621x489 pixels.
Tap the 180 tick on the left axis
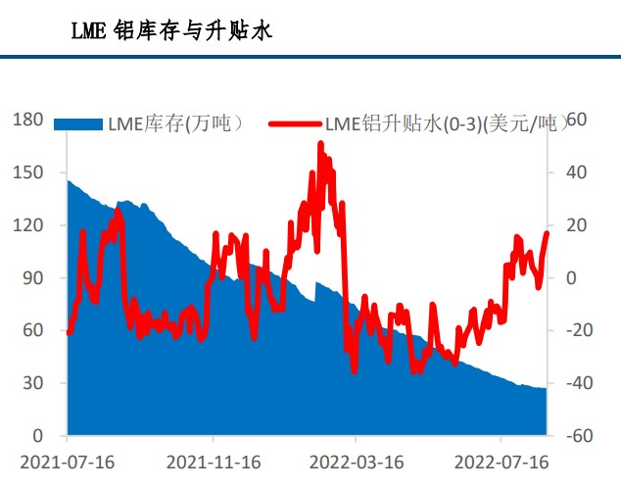[29, 120]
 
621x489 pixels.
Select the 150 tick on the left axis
[29, 172]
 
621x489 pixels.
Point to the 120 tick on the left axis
[29, 225]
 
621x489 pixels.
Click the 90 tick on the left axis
[33, 278]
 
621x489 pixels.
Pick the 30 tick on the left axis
[33, 383]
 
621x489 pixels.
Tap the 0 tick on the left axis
[37, 436]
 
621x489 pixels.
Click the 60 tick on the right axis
[576, 120]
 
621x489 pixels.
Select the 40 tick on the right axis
[576, 172]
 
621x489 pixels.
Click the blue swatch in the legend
[77, 124]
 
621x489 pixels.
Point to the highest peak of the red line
[320, 144]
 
